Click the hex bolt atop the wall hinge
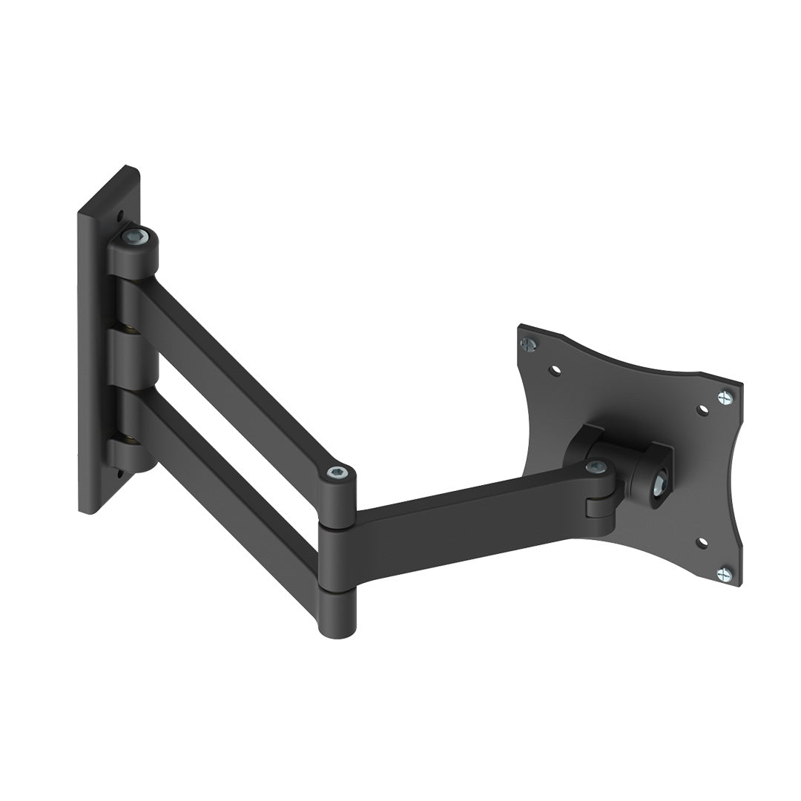(x=136, y=237)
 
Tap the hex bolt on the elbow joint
(x=337, y=472)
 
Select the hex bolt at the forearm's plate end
(x=596, y=467)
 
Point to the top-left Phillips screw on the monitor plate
(x=529, y=343)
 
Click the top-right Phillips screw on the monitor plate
(x=725, y=398)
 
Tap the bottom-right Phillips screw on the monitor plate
(x=725, y=573)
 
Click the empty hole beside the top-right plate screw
(x=702, y=409)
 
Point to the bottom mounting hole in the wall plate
(x=119, y=469)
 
